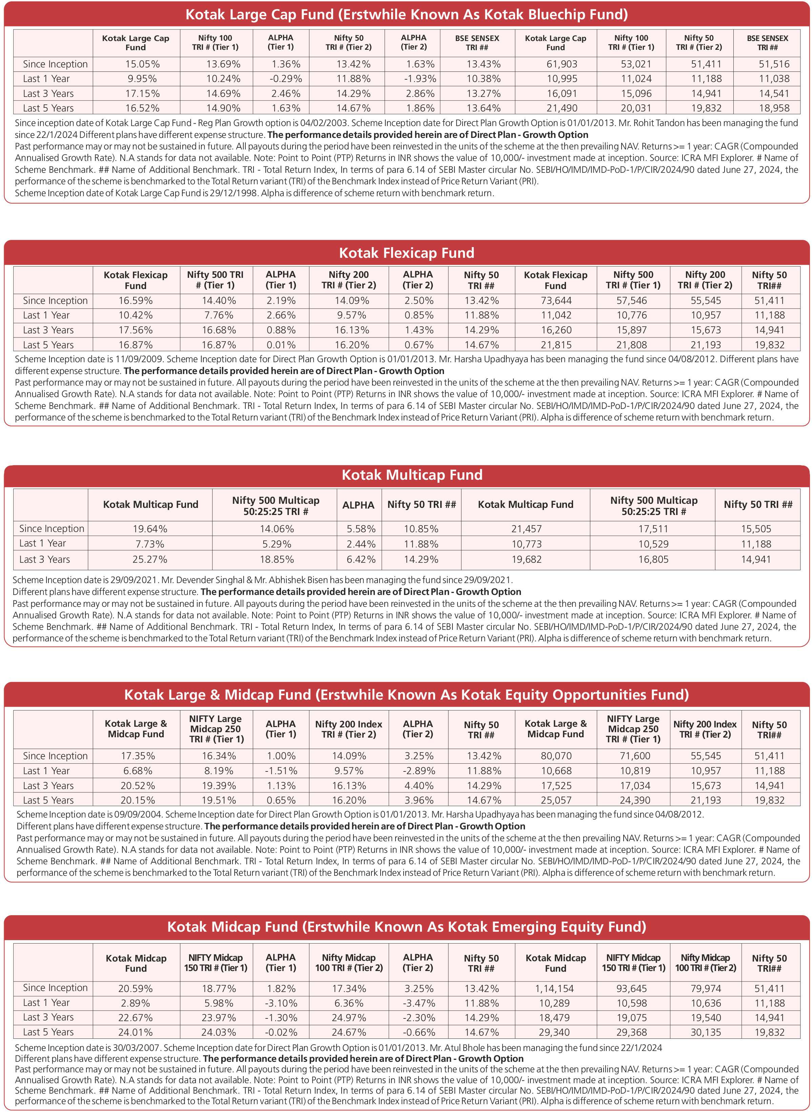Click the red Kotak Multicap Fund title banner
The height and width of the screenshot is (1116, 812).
(406, 475)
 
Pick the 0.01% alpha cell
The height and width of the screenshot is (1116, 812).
(281, 345)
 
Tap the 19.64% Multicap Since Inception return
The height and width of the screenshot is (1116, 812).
(150, 529)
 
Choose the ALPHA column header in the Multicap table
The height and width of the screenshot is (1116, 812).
(358, 505)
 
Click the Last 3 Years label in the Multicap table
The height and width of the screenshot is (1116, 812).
(45, 559)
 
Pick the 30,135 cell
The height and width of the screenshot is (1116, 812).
(706, 1032)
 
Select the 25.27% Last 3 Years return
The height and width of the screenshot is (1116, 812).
(150, 559)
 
